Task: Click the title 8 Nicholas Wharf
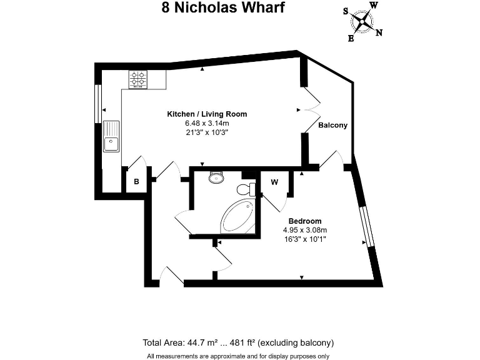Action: pyautogui.click(x=223, y=7)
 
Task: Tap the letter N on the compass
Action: pyautogui.click(x=379, y=32)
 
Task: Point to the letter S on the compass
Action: pyautogui.click(x=346, y=11)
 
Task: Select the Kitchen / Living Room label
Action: pyautogui.click(x=207, y=114)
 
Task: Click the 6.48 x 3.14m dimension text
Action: pyautogui.click(x=207, y=123)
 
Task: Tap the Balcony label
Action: pyautogui.click(x=332, y=125)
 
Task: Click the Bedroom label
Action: pyautogui.click(x=305, y=221)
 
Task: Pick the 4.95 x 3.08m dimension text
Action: pyautogui.click(x=305, y=230)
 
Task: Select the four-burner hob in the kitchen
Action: pyautogui.click(x=138, y=79)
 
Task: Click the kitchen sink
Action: pyautogui.click(x=111, y=136)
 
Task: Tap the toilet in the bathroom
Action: pyautogui.click(x=246, y=189)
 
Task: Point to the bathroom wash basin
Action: pyautogui.click(x=216, y=177)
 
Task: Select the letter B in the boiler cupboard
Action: pyautogui.click(x=136, y=181)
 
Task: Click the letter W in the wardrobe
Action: pyautogui.click(x=274, y=182)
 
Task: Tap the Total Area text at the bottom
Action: pyautogui.click(x=238, y=342)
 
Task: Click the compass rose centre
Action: pyautogui.click(x=362, y=22)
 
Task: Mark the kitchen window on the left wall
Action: pyautogui.click(x=98, y=104)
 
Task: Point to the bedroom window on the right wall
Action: pyautogui.click(x=366, y=226)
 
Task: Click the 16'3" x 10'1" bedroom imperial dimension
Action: pyautogui.click(x=305, y=239)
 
